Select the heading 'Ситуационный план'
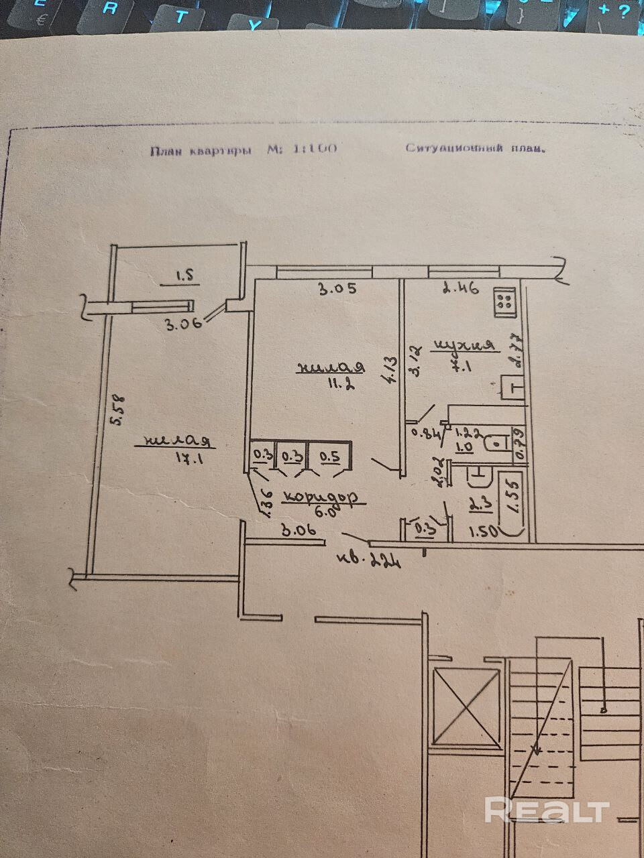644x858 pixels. pos(475,148)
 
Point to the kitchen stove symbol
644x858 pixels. pos(504,302)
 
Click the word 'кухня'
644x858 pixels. pos(465,346)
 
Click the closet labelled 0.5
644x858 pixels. pos(329,456)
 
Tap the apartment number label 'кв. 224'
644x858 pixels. pos(370,558)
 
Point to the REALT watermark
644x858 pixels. pos(547,811)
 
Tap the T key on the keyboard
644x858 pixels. pos(180,17)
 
